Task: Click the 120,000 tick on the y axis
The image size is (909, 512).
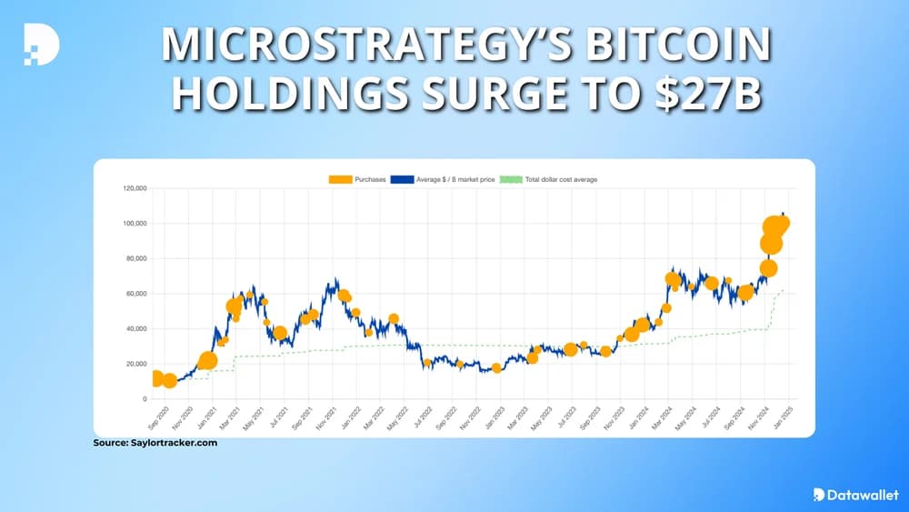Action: click(135, 188)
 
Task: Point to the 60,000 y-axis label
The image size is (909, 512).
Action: click(136, 294)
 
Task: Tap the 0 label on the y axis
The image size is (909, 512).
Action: click(144, 399)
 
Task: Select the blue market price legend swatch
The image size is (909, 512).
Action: click(402, 180)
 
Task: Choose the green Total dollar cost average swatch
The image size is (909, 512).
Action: click(513, 180)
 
